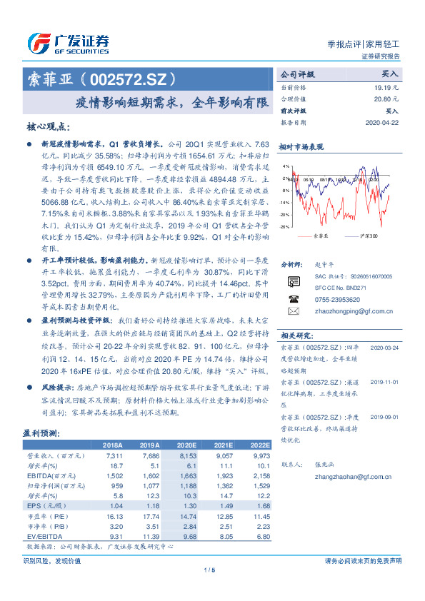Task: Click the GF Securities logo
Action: click(68, 44)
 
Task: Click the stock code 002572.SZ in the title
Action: click(129, 79)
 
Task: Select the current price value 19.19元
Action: click(385, 86)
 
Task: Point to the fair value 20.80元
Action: click(385, 99)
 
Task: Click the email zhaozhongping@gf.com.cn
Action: click(347, 312)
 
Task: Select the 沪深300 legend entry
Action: click(367, 236)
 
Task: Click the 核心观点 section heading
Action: click(49, 127)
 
